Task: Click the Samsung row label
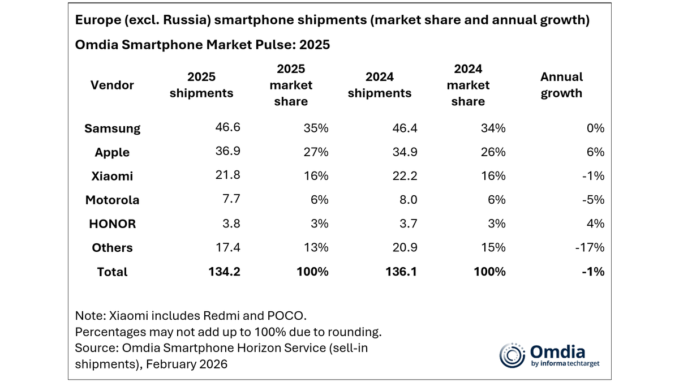(112, 128)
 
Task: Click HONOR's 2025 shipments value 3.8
(231, 224)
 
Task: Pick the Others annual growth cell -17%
(590, 247)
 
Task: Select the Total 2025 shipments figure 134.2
(225, 272)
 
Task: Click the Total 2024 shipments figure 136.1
(401, 272)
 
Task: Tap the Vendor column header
(112, 85)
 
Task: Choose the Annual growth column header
(561, 85)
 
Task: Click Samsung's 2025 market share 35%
(315, 128)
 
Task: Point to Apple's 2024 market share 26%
(492, 152)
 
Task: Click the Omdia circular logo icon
(512, 355)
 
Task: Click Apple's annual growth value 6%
(595, 152)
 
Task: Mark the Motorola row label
(112, 200)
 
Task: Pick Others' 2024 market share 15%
(492, 247)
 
